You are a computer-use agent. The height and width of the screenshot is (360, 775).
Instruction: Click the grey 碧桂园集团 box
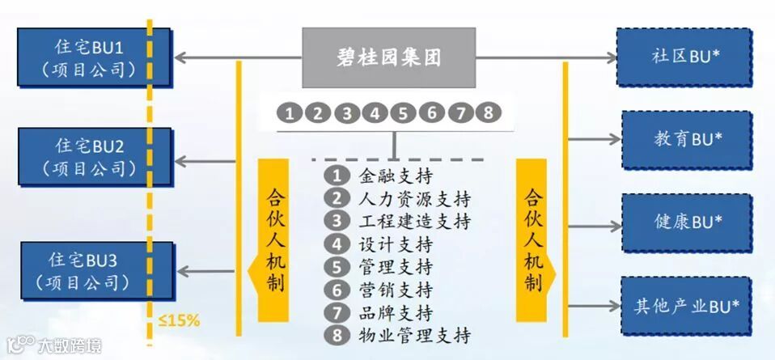point(389,57)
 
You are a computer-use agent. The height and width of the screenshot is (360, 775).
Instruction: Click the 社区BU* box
point(685,57)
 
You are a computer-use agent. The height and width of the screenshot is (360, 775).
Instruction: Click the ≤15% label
point(179,320)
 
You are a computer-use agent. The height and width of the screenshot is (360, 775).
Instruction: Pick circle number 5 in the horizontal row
point(402,113)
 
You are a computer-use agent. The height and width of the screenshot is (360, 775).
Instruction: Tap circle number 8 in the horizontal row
point(486,113)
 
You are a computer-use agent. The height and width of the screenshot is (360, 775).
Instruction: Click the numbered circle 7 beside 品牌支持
point(333,311)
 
